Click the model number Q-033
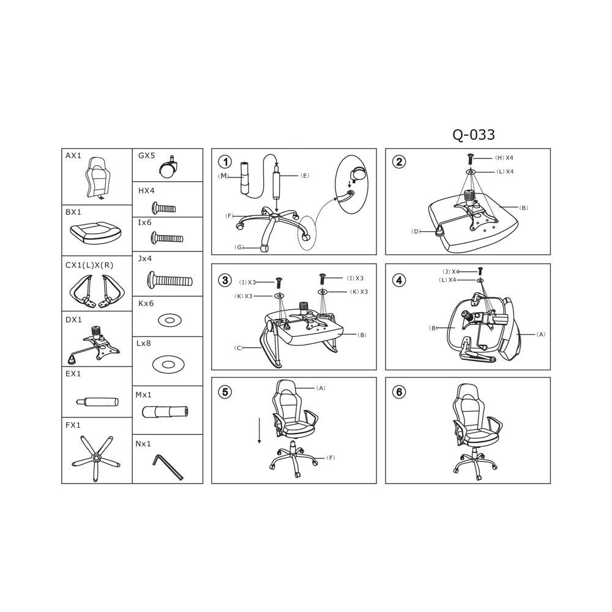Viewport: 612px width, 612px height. click(474, 135)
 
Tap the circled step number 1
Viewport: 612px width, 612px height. click(225, 162)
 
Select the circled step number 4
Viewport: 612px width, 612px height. click(399, 280)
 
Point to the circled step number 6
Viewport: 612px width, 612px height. click(399, 392)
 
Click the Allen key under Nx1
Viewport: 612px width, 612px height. click(168, 466)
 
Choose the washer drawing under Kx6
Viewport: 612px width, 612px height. click(170, 321)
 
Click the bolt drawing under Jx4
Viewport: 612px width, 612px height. click(170, 280)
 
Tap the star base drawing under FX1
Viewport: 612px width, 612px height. click(96, 457)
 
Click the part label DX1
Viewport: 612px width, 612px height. click(73, 319)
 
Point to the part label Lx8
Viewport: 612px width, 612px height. click(144, 343)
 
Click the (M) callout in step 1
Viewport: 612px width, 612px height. click(223, 176)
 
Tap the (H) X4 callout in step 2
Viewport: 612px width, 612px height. click(504, 158)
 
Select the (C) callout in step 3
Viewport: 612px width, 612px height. click(239, 348)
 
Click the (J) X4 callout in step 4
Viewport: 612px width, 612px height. click(451, 271)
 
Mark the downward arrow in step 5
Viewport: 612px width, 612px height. click(259, 430)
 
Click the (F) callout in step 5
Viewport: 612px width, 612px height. click(330, 457)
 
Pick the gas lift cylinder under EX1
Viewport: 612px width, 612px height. click(97, 401)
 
